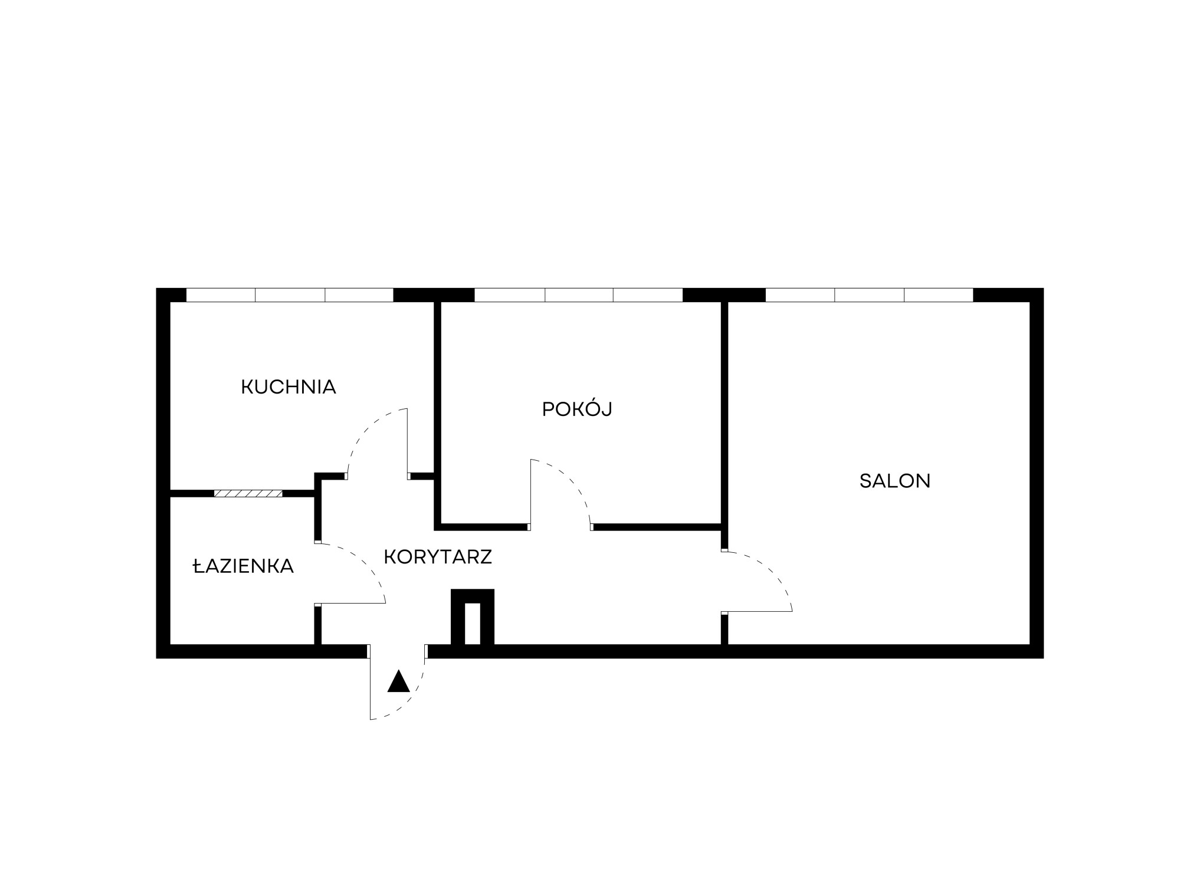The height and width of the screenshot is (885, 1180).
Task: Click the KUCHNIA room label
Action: tap(289, 387)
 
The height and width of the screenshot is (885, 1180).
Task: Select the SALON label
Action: tap(895, 481)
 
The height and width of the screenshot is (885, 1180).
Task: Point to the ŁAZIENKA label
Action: tap(243, 566)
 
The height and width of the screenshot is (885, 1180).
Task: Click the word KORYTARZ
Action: tap(438, 556)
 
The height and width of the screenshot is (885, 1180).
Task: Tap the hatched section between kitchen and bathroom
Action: tap(248, 493)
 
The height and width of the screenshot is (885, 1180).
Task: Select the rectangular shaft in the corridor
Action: tap(473, 617)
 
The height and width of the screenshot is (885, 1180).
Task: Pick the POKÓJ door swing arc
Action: tap(570, 481)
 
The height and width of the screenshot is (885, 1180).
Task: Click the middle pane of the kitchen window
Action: tap(290, 294)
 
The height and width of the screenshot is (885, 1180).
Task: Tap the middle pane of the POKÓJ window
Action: tap(579, 294)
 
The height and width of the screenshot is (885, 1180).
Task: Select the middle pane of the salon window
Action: tap(870, 294)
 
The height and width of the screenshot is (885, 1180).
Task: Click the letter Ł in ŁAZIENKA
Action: tap(198, 566)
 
